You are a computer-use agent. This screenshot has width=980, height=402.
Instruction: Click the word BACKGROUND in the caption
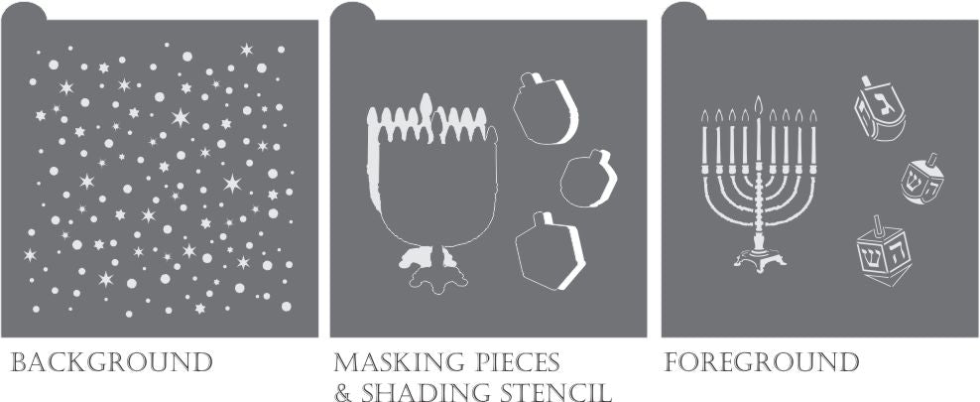click(x=111, y=362)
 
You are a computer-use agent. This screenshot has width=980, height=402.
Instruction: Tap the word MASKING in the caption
click(x=399, y=362)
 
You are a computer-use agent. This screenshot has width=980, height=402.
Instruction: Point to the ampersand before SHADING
click(x=343, y=392)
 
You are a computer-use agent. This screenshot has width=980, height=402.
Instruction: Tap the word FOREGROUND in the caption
click(x=761, y=362)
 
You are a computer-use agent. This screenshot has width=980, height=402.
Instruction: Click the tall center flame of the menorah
click(x=759, y=104)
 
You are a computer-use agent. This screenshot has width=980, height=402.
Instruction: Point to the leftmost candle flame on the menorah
click(x=705, y=117)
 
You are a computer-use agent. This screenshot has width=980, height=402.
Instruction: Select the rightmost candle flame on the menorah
click(x=812, y=117)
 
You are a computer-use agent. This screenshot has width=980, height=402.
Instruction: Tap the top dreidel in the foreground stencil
click(x=880, y=109)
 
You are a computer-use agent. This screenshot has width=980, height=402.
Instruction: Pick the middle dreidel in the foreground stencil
click(x=922, y=179)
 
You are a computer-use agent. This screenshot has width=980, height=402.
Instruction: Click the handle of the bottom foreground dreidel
click(x=879, y=225)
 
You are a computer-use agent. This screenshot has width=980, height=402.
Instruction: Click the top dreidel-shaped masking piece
click(x=545, y=109)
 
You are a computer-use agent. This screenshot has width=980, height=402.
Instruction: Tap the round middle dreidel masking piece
click(x=588, y=179)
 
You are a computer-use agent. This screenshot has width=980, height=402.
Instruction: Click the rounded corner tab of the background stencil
click(x=24, y=13)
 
